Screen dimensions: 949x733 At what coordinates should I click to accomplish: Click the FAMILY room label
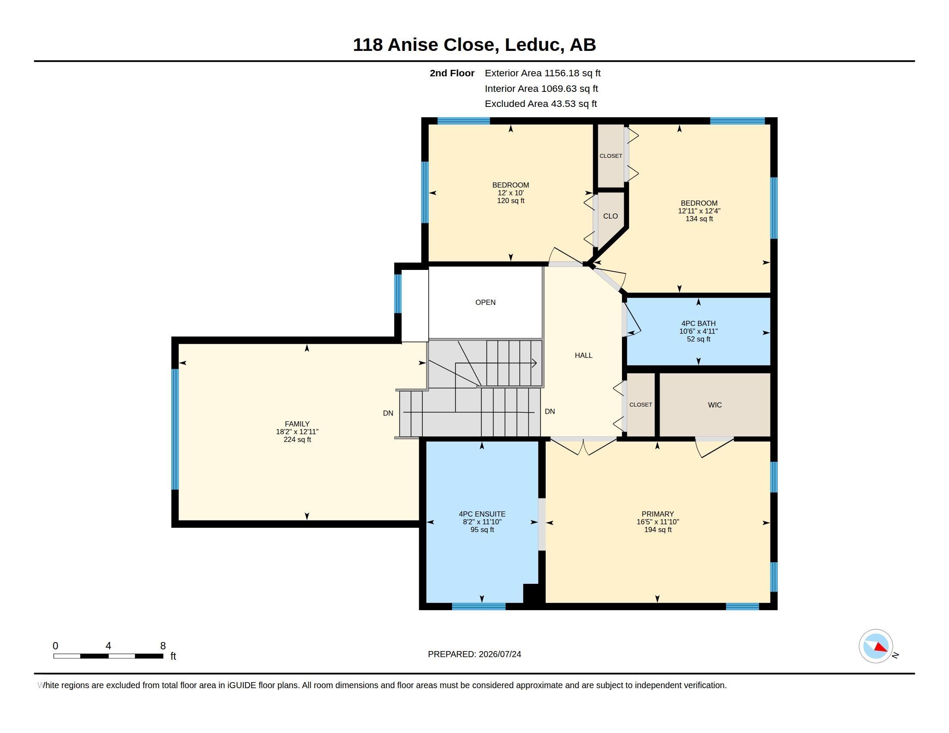click(x=297, y=424)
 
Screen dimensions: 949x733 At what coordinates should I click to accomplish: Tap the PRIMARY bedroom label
click(x=657, y=514)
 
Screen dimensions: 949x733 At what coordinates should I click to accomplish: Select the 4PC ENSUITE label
click(x=482, y=514)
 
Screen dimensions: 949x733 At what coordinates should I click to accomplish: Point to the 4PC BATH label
click(x=698, y=323)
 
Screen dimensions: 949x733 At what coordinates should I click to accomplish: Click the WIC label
click(x=715, y=405)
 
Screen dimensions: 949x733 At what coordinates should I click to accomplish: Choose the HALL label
click(x=584, y=356)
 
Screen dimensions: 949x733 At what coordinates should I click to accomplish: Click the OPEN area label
click(x=485, y=303)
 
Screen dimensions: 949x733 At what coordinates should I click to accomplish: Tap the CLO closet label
click(x=610, y=216)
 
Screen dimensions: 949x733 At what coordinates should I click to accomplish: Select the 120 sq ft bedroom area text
click(x=511, y=201)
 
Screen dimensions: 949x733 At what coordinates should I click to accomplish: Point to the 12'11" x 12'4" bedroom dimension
click(x=699, y=211)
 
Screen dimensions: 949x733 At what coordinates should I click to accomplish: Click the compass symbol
click(x=876, y=646)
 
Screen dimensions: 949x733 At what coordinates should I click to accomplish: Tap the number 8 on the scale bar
click(x=163, y=646)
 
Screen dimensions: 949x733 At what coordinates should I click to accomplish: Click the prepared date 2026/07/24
click(x=500, y=655)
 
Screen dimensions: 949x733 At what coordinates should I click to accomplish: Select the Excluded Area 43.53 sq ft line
click(x=541, y=104)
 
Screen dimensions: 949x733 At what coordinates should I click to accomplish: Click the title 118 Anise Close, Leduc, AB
click(x=474, y=45)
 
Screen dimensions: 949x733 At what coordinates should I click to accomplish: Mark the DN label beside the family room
click(x=388, y=413)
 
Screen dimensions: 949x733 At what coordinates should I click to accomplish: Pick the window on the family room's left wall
click(x=175, y=429)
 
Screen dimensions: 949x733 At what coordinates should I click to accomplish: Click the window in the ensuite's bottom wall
click(x=479, y=607)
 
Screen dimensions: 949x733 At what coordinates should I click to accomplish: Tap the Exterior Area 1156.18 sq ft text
click(x=543, y=73)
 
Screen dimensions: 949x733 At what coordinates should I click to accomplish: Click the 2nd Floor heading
click(x=452, y=73)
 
